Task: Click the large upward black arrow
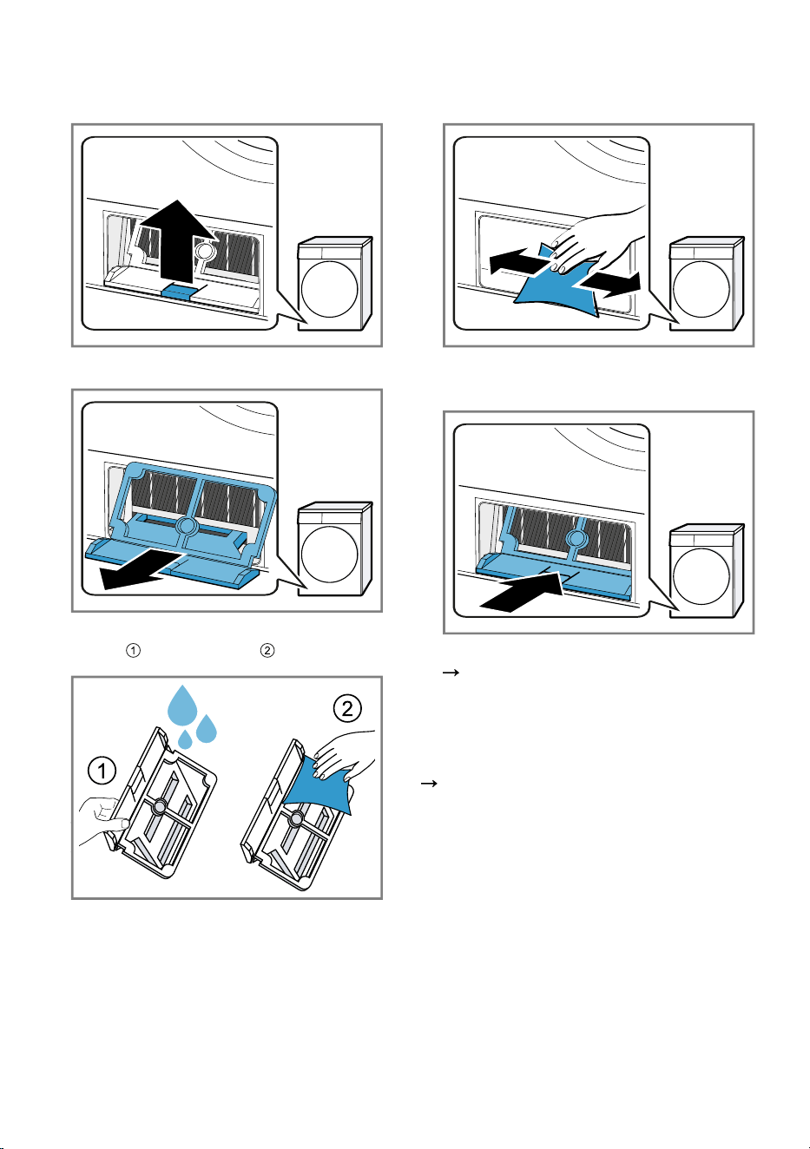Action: [x=178, y=241]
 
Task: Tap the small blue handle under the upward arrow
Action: [x=178, y=291]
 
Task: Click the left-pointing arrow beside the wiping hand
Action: [x=518, y=261]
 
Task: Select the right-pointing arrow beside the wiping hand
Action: [x=611, y=284]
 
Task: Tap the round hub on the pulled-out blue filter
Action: [x=187, y=526]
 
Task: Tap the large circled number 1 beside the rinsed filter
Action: [x=102, y=771]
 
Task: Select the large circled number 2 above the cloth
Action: [x=347, y=708]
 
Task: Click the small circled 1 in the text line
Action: [x=133, y=650]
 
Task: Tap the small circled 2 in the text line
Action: [x=267, y=650]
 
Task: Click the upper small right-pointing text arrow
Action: [x=451, y=672]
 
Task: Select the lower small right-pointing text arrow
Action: [x=429, y=784]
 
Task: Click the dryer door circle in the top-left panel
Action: [x=329, y=289]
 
